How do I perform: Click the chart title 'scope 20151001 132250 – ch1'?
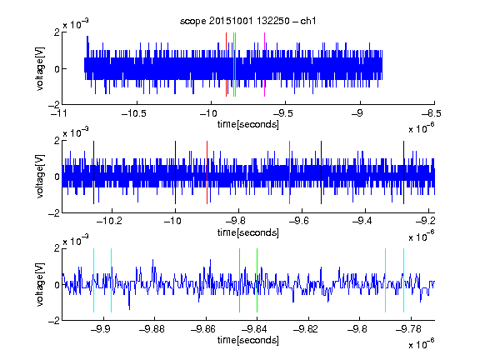tap(247, 21)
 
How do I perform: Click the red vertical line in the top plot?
tap(226, 65)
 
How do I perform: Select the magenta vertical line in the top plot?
tap(264, 65)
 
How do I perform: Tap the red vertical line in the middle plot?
tap(207, 172)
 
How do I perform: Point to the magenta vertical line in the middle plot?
tap(290, 172)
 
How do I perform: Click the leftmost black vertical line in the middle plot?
tap(93, 172)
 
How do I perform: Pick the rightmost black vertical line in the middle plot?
tap(403, 172)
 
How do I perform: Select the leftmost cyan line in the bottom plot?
tap(93, 280)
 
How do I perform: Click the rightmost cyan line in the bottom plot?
tap(403, 280)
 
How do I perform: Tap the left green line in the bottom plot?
tap(239, 280)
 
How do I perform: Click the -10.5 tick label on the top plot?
tap(134, 113)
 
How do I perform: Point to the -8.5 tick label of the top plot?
tap(432, 113)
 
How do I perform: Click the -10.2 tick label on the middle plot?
tap(109, 221)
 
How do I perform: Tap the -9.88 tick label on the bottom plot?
tap(152, 329)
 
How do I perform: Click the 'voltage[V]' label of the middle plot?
tap(40, 177)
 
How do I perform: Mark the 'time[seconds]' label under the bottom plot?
tap(248, 340)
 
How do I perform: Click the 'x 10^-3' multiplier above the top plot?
tap(76, 23)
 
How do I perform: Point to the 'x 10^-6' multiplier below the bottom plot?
tap(422, 344)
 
